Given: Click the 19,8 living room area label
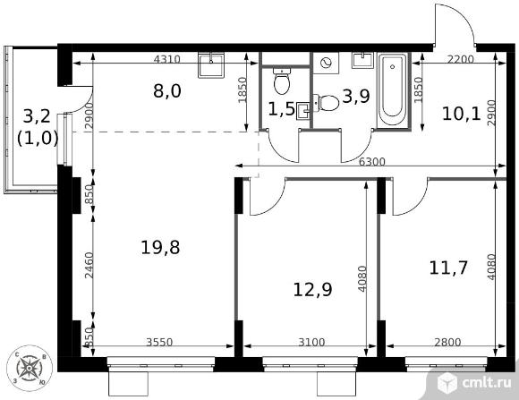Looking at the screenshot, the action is pyautogui.click(x=160, y=247).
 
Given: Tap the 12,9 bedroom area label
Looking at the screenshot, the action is pyautogui.click(x=313, y=289).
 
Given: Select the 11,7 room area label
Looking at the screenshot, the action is pyautogui.click(x=448, y=268).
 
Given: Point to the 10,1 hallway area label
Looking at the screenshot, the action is pyautogui.click(x=461, y=115).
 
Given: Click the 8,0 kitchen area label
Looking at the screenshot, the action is pyautogui.click(x=167, y=91).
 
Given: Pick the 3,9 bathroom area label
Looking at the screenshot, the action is pyautogui.click(x=356, y=97).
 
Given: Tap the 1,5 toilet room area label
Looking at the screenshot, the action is pyautogui.click(x=281, y=109).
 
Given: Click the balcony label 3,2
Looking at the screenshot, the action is pyautogui.click(x=37, y=116).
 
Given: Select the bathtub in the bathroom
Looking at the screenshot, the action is pyautogui.click(x=393, y=89).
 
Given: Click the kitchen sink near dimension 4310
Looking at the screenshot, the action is pyautogui.click(x=211, y=65).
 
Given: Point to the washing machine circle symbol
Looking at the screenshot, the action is pyautogui.click(x=327, y=63).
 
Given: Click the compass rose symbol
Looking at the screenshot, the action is pyautogui.click(x=30, y=368).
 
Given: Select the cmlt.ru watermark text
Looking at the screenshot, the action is pyautogui.click(x=487, y=383).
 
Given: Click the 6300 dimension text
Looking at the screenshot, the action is pyautogui.click(x=372, y=162).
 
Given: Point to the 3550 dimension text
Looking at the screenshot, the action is pyautogui.click(x=159, y=342).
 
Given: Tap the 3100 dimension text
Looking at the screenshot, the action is pyautogui.click(x=311, y=342).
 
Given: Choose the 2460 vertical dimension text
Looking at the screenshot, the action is pyautogui.click(x=89, y=265).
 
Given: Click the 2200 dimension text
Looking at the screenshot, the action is pyautogui.click(x=461, y=59).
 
